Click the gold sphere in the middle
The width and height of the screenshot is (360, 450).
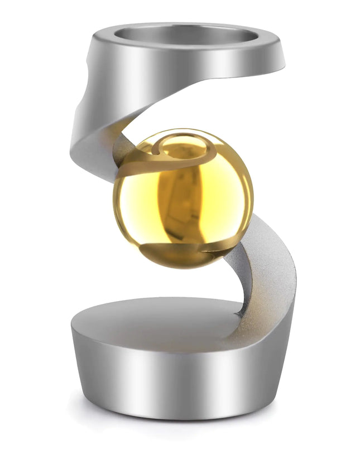pyautogui.click(x=183, y=199)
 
